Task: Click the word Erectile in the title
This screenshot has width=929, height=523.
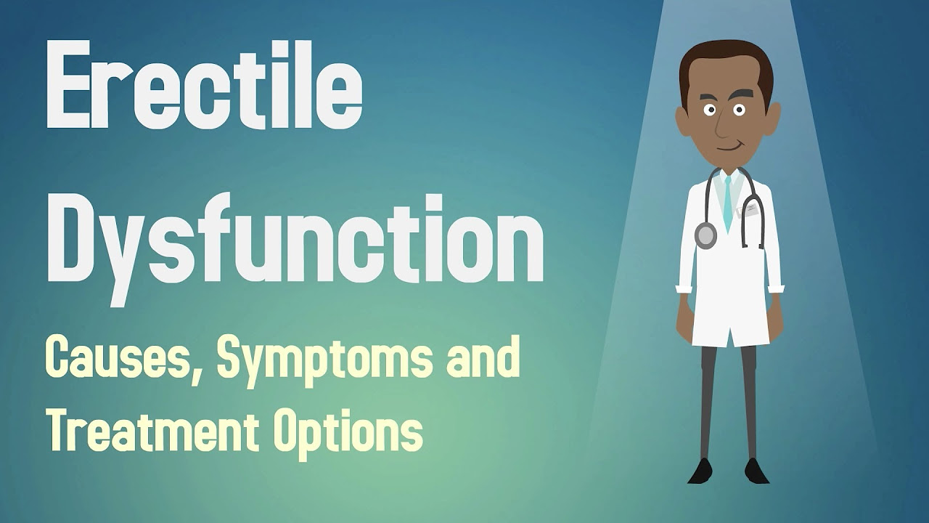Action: pos(205,84)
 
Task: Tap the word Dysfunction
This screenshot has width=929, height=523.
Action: pos(295,249)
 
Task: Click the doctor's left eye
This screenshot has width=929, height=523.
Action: pos(739,110)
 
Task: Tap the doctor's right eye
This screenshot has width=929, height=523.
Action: pos(711,110)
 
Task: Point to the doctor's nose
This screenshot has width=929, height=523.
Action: pos(722,126)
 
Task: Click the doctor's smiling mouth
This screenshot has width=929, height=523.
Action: pos(728,147)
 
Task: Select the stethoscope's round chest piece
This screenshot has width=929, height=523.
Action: pos(705,235)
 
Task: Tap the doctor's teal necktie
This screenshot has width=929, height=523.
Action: pos(728,203)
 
